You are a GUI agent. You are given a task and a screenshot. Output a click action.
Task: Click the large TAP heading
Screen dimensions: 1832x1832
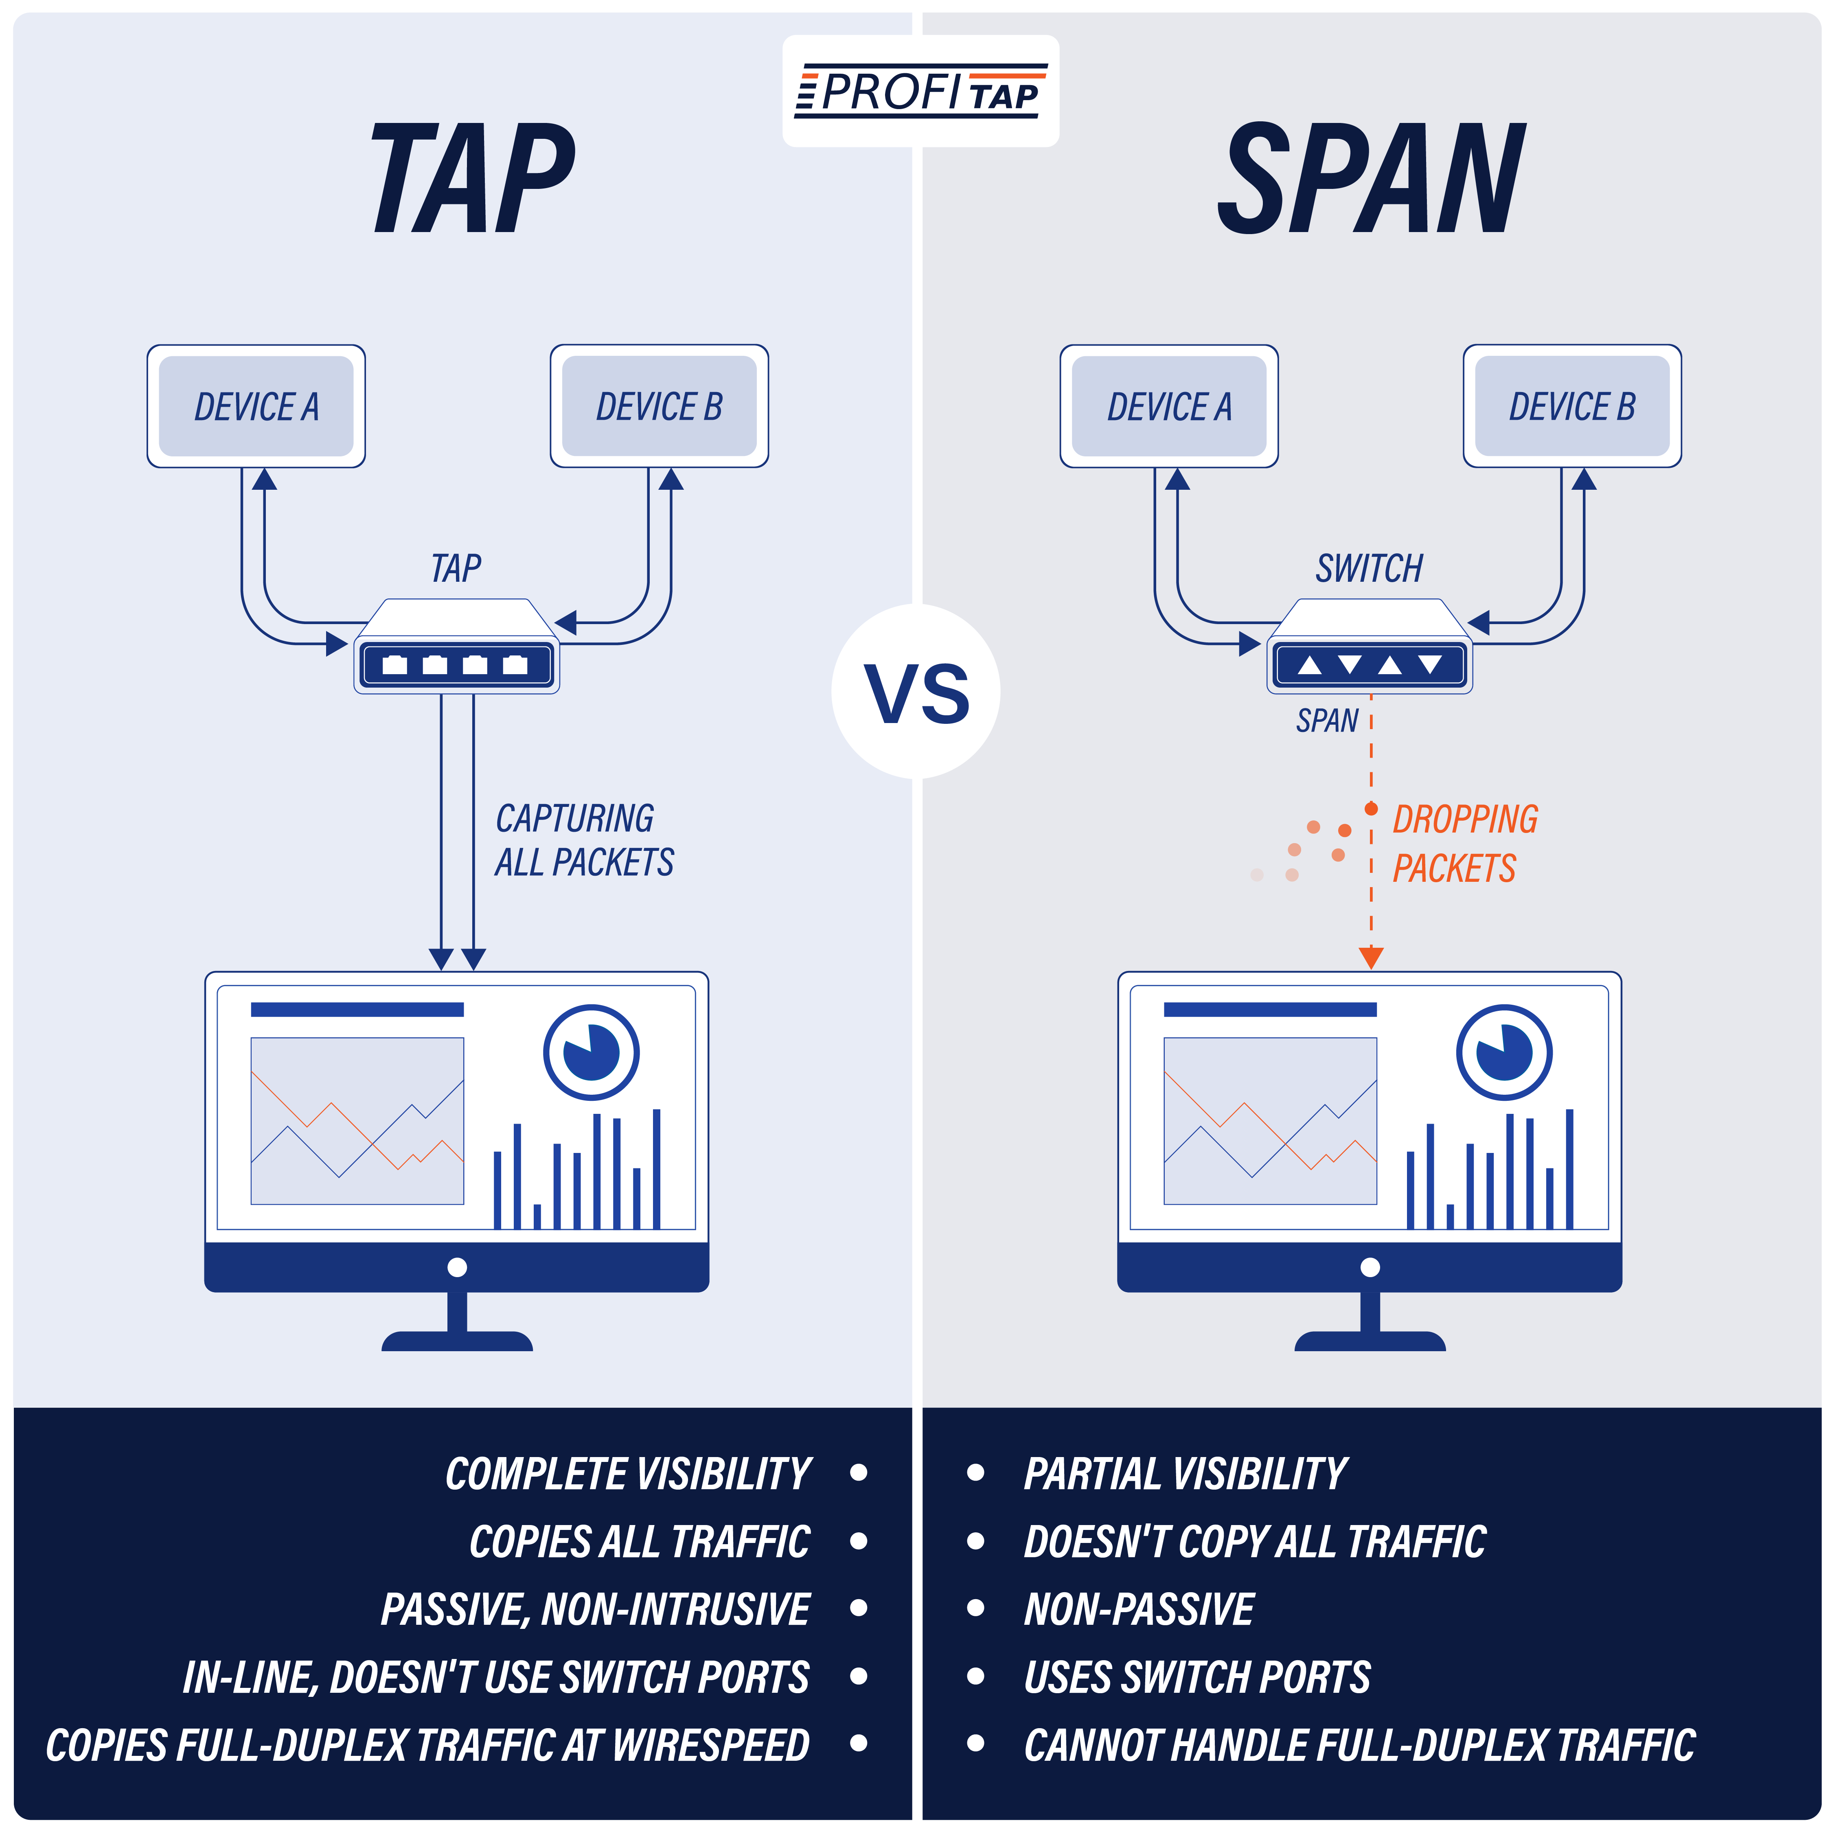point(472,178)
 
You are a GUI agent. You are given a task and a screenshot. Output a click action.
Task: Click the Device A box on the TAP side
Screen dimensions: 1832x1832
point(256,406)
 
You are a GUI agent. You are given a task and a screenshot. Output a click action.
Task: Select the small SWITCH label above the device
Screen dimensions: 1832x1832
point(1368,568)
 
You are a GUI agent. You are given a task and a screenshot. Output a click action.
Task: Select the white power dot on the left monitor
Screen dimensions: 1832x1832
point(457,1267)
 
